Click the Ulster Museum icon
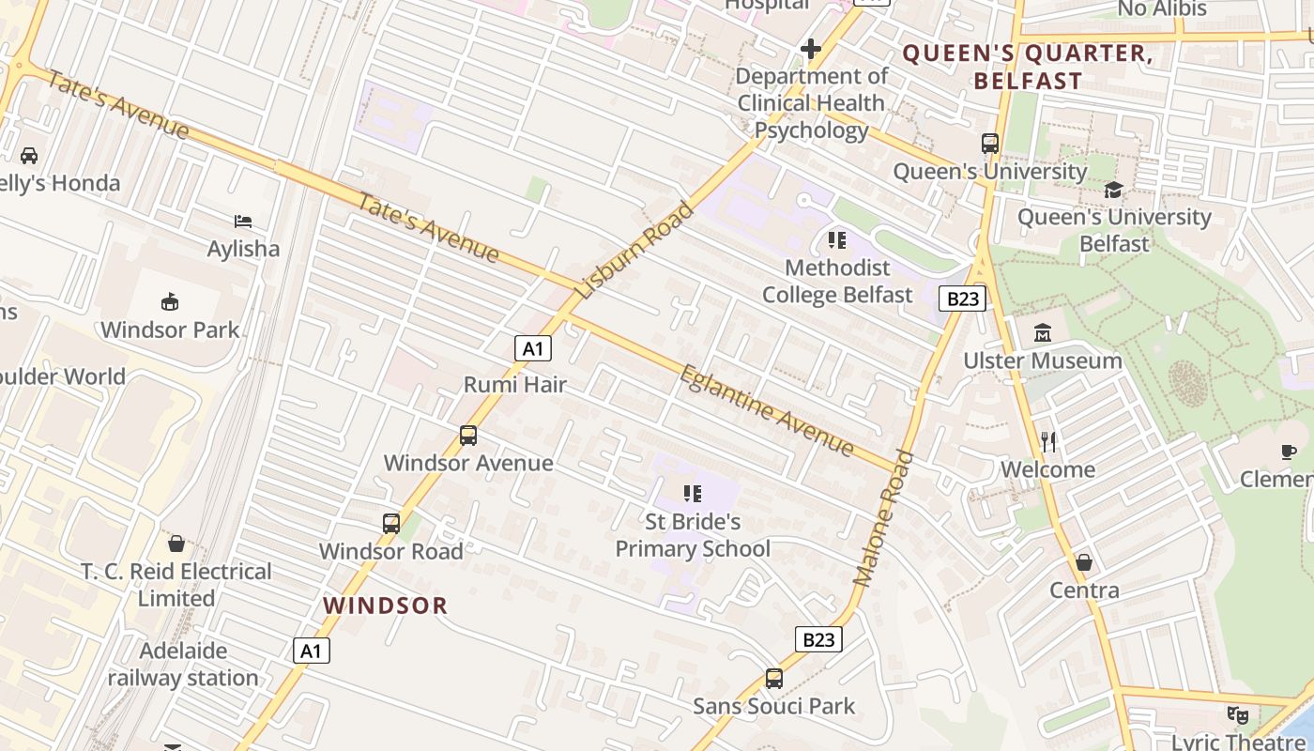click(1043, 333)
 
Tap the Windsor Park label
click(170, 330)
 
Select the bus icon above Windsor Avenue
click(467, 436)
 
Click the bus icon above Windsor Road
click(391, 524)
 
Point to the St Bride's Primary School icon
click(693, 494)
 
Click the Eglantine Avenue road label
click(767, 410)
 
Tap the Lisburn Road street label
click(634, 250)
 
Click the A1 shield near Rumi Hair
click(532, 349)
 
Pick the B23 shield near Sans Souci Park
click(818, 640)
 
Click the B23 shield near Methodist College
click(962, 299)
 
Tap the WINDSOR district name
click(385, 605)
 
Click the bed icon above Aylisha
click(243, 222)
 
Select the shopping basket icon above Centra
click(1084, 562)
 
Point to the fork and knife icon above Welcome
click(1048, 441)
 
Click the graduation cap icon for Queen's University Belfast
click(1113, 191)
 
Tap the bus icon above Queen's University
click(990, 144)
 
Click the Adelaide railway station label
click(183, 664)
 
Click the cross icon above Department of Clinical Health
click(811, 49)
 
